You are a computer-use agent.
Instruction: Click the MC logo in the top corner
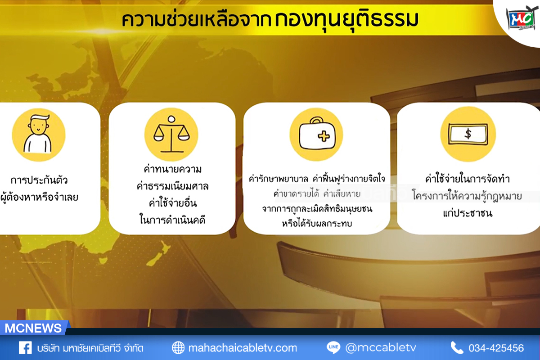(522, 18)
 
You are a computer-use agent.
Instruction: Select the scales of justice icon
(171, 134)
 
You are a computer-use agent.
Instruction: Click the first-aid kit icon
(316, 134)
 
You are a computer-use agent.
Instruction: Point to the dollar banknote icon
(468, 134)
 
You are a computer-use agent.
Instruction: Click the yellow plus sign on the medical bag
(324, 136)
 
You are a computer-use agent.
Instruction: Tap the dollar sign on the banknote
(468, 134)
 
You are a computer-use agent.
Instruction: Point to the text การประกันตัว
(39, 180)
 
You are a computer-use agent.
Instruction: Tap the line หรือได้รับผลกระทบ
(317, 224)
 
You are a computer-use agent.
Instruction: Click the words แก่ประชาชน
(468, 213)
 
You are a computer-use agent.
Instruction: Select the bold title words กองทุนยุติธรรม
(346, 20)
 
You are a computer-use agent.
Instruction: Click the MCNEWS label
(33, 328)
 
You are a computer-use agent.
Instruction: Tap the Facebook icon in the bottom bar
(25, 348)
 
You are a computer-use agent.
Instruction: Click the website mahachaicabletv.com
(243, 348)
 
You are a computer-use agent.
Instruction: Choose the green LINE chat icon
(333, 348)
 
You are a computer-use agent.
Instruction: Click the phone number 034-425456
(496, 348)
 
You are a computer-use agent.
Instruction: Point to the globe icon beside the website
(178, 348)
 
